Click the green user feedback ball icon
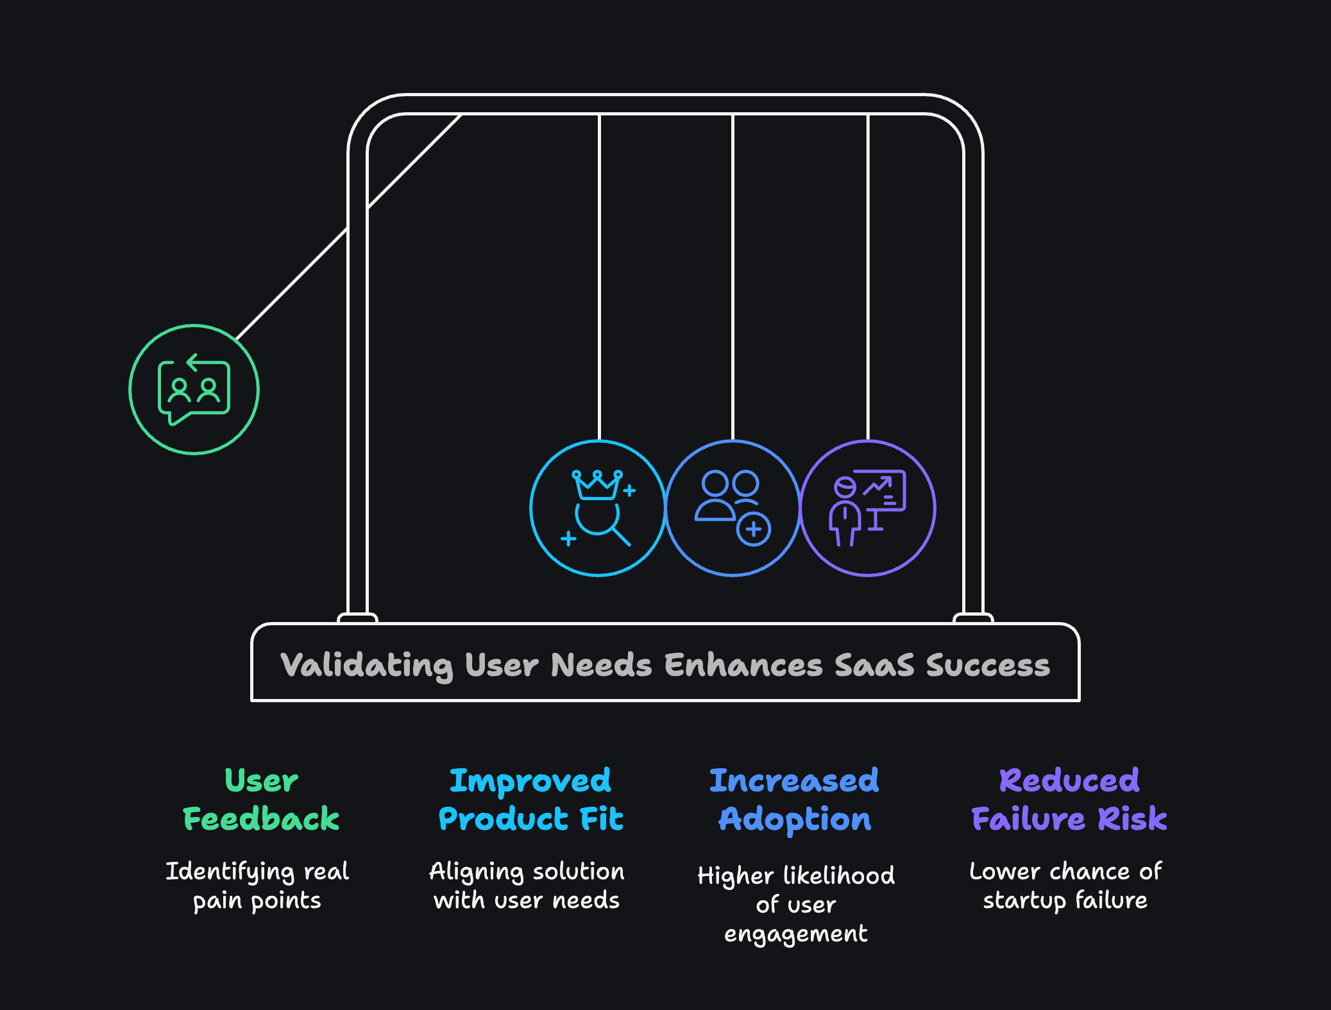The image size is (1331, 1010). tap(194, 390)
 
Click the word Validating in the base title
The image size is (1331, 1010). tap(366, 665)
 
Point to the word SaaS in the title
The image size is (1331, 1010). tap(874, 665)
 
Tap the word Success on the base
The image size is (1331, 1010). tap(988, 665)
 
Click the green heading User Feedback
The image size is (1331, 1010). tap(261, 800)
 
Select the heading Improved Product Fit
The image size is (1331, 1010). tap(530, 800)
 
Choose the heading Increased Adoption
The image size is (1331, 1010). tap(794, 800)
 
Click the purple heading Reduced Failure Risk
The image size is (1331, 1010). tap(1069, 800)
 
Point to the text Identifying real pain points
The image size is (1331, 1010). tap(257, 886)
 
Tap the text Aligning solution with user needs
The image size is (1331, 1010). tap(527, 886)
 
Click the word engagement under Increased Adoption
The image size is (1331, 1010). tap(795, 934)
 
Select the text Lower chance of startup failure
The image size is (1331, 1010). tap(1065, 886)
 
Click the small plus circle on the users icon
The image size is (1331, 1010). tap(754, 530)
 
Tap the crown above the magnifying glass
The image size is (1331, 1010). tap(597, 485)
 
